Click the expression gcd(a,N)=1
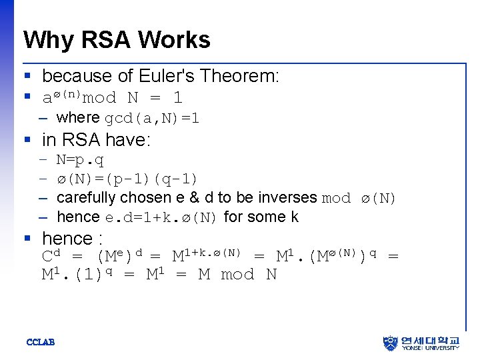pyautogui.click(x=152, y=119)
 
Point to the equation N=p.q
pyautogui.click(x=80, y=161)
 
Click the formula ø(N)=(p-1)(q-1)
pyautogui.click(x=127, y=179)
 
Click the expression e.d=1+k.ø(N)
pyautogui.click(x=161, y=217)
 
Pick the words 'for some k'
pyautogui.click(x=261, y=217)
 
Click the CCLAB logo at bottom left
pyautogui.click(x=40, y=343)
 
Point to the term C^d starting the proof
pyautogui.click(x=52, y=256)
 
